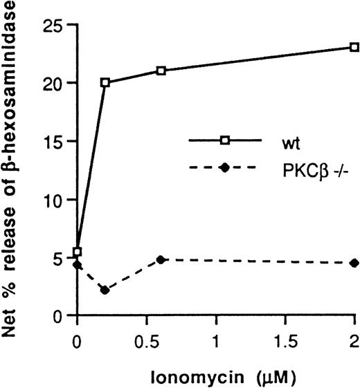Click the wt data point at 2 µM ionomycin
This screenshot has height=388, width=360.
tap(354, 47)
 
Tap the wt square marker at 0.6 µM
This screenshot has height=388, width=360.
tap(161, 71)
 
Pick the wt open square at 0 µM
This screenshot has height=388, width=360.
tap(78, 252)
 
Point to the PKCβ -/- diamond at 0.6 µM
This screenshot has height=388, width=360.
tap(161, 259)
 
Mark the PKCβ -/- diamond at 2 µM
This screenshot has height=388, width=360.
tap(354, 263)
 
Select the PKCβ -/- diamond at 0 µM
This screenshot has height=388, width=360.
tap(78, 265)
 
